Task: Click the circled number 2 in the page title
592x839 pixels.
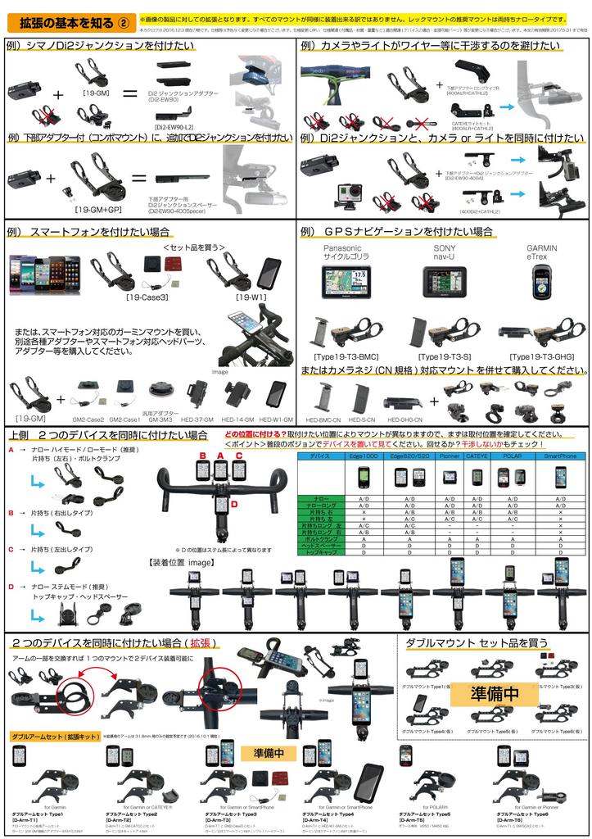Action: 123,20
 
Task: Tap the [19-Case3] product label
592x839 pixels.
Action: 149,297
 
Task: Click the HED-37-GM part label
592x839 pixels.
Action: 200,418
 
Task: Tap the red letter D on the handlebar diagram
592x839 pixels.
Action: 233,504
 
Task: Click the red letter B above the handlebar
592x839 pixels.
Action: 202,455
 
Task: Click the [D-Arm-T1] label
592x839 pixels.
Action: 29,819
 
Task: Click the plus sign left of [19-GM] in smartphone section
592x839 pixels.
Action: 61,401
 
